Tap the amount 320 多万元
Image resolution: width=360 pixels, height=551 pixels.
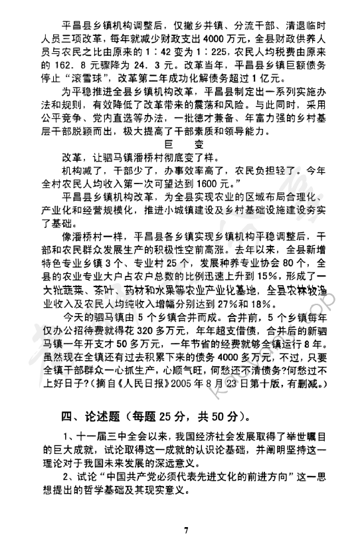[151, 337]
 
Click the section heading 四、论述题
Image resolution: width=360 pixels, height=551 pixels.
[81, 417]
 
